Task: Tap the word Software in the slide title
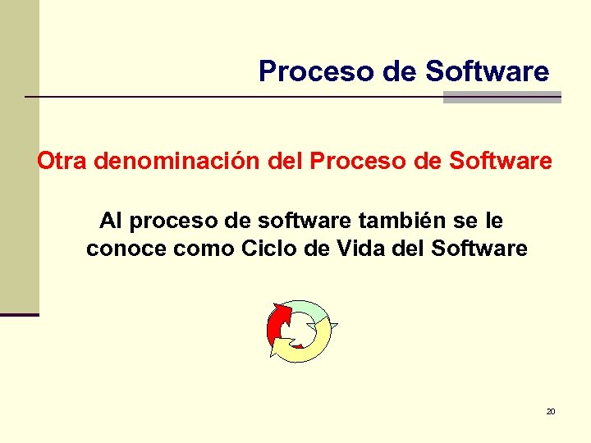488,71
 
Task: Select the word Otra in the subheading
62,161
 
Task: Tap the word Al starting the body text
111,221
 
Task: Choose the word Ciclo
270,249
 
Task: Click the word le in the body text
495,221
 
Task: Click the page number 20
550,411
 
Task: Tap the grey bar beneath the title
502,98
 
